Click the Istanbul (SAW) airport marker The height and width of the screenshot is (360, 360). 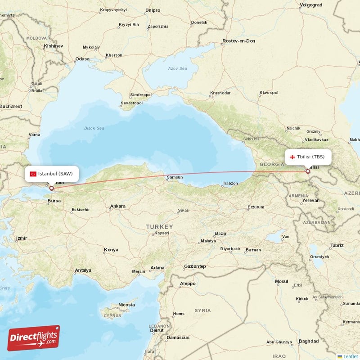[x=51, y=189]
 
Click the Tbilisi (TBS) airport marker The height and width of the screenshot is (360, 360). [x=308, y=171]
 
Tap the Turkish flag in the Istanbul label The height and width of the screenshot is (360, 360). [x=33, y=174]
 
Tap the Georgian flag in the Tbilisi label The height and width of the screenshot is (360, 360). [x=292, y=157]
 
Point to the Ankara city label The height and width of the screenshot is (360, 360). [x=117, y=206]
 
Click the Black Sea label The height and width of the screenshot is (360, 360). [x=94, y=128]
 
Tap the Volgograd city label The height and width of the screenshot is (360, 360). [x=311, y=6]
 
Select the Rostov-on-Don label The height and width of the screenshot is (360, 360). [x=238, y=41]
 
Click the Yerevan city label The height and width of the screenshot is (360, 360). [x=310, y=200]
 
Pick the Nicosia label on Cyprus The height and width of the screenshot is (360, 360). [x=126, y=305]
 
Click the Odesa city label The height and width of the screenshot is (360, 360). [x=82, y=58]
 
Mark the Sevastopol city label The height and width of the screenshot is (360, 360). [x=131, y=103]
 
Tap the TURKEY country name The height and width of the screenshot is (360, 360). [x=159, y=226]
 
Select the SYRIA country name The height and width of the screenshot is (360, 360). [x=202, y=310]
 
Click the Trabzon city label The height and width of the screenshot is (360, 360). [x=229, y=183]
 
